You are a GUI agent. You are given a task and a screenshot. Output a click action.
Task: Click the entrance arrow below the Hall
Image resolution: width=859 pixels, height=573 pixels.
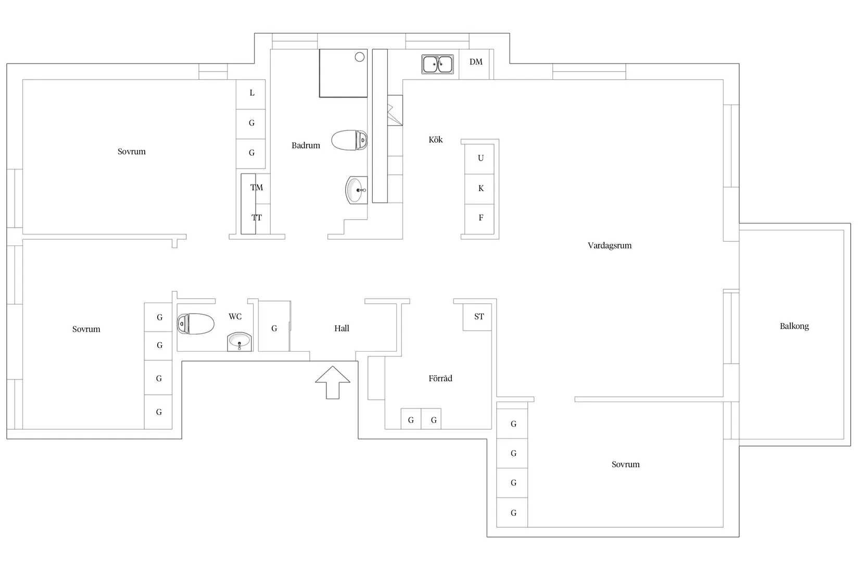tap(333, 382)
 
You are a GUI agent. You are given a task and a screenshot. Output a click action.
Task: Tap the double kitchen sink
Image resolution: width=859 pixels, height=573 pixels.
tap(437, 64)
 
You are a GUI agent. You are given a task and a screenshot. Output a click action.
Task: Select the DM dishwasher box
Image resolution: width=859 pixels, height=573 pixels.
tap(475, 63)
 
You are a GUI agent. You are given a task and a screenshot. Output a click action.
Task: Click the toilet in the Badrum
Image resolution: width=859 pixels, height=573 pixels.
tap(349, 140)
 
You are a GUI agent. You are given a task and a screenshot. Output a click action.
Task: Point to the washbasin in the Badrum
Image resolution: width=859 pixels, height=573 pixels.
tap(356, 190)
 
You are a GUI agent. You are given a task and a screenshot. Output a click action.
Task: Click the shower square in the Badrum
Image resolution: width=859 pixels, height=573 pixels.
tap(343, 73)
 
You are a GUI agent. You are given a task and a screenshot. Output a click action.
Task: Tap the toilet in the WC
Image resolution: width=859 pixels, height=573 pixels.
tap(196, 323)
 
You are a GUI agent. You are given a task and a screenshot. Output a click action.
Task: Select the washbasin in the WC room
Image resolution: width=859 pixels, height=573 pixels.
tap(239, 342)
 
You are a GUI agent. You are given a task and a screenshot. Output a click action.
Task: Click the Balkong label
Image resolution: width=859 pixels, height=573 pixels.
tap(794, 327)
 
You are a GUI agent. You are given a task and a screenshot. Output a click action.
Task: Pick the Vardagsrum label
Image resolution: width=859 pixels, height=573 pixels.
tap(609, 245)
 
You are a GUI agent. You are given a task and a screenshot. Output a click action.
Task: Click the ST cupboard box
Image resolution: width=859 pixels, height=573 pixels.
tap(478, 317)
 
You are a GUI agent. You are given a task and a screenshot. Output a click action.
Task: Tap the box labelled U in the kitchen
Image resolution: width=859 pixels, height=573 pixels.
tap(480, 158)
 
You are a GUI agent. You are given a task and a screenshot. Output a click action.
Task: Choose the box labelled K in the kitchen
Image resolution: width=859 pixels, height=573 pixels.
tap(480, 189)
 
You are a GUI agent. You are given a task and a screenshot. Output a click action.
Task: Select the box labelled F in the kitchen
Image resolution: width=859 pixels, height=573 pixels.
tap(480, 218)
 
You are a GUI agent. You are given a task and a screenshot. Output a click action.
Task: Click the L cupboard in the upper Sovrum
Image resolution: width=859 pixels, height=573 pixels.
tap(251, 94)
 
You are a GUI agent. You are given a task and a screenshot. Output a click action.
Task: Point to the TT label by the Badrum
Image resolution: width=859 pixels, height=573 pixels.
tap(256, 218)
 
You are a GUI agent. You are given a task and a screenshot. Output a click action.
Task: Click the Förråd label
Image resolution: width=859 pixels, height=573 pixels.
tap(440, 379)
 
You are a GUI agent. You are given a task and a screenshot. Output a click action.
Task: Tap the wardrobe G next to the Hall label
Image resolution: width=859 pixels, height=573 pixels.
tap(274, 328)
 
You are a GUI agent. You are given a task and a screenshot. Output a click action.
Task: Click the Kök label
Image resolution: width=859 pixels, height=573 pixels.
tap(435, 140)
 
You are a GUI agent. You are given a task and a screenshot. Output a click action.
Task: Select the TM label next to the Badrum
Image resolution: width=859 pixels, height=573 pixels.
tap(256, 188)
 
